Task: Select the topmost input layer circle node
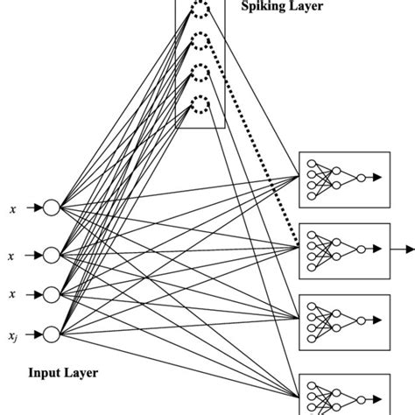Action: [51, 208]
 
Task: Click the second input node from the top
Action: [51, 255]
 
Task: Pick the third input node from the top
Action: [51, 293]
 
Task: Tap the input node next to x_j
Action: [51, 333]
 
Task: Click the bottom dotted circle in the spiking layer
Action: [200, 105]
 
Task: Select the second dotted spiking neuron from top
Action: [200, 41]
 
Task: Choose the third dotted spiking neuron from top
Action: [200, 73]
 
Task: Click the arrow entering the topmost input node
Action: [34, 208]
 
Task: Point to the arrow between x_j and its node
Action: [34, 333]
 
